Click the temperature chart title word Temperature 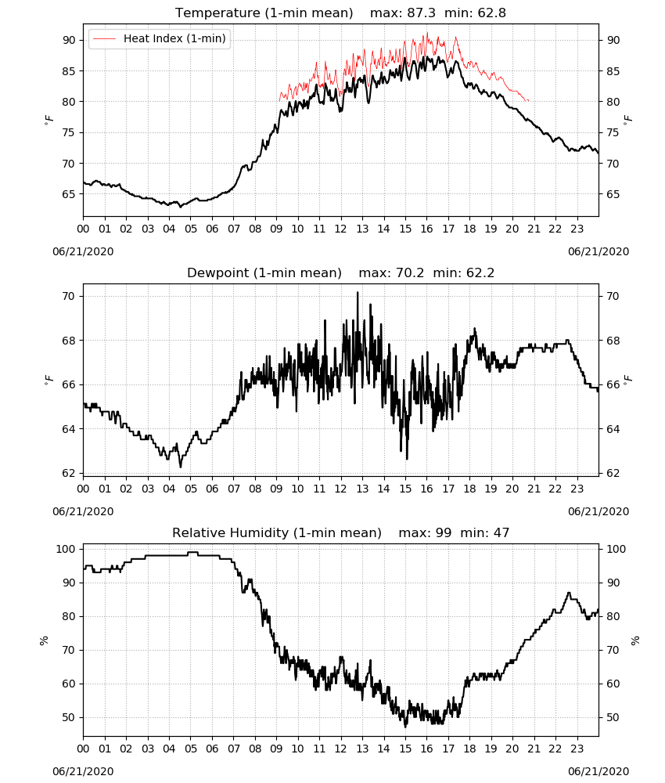(217, 13)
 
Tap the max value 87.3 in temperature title (421, 13)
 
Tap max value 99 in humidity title (443, 532)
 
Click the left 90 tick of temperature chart (70, 40)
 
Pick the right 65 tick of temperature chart (613, 194)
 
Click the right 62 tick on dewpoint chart (613, 473)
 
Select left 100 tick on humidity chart (66, 549)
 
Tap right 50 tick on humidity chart (613, 717)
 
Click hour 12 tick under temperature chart (341, 229)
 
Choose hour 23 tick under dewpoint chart (577, 489)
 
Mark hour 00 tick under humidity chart (83, 749)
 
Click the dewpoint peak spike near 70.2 (358, 293)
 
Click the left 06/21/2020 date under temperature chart (83, 251)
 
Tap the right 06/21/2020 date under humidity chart (598, 771)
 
